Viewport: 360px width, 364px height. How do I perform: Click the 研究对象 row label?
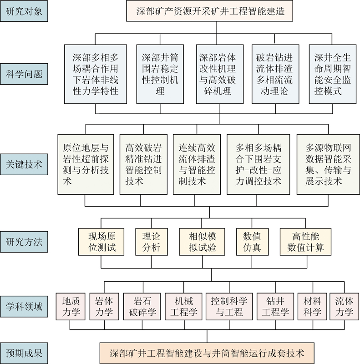tap(24, 11)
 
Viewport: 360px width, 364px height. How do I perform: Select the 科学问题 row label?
tap(24, 74)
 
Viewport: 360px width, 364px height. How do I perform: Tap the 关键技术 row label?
tap(24, 164)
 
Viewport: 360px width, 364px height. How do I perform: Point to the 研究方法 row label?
tap(24, 242)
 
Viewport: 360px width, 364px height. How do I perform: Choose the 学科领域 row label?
tap(24, 306)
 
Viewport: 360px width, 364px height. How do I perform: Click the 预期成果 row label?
tap(24, 353)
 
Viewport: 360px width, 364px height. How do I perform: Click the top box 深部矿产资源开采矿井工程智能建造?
tap(209, 11)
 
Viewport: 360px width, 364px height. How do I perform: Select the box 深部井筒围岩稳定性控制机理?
tap(160, 74)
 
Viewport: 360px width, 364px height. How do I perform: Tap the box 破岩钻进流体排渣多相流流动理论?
tap(275, 74)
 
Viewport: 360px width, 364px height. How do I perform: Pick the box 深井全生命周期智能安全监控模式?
tap(333, 74)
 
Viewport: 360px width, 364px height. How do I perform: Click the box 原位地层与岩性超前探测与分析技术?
tap(86, 164)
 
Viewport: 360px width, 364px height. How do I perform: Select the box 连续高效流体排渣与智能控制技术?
tap(197, 164)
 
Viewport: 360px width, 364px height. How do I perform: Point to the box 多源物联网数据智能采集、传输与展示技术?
tap(328, 164)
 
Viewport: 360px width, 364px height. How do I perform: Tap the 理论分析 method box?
tap(152, 242)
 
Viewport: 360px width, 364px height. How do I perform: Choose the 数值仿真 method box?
tap(252, 242)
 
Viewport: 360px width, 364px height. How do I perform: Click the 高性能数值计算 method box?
tap(305, 242)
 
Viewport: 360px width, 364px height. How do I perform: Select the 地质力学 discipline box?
tap(71, 306)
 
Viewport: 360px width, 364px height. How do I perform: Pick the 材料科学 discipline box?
tap(312, 306)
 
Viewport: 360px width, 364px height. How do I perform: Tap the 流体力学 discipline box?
tap(345, 306)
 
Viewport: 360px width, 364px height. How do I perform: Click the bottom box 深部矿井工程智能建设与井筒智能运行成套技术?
tap(207, 353)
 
